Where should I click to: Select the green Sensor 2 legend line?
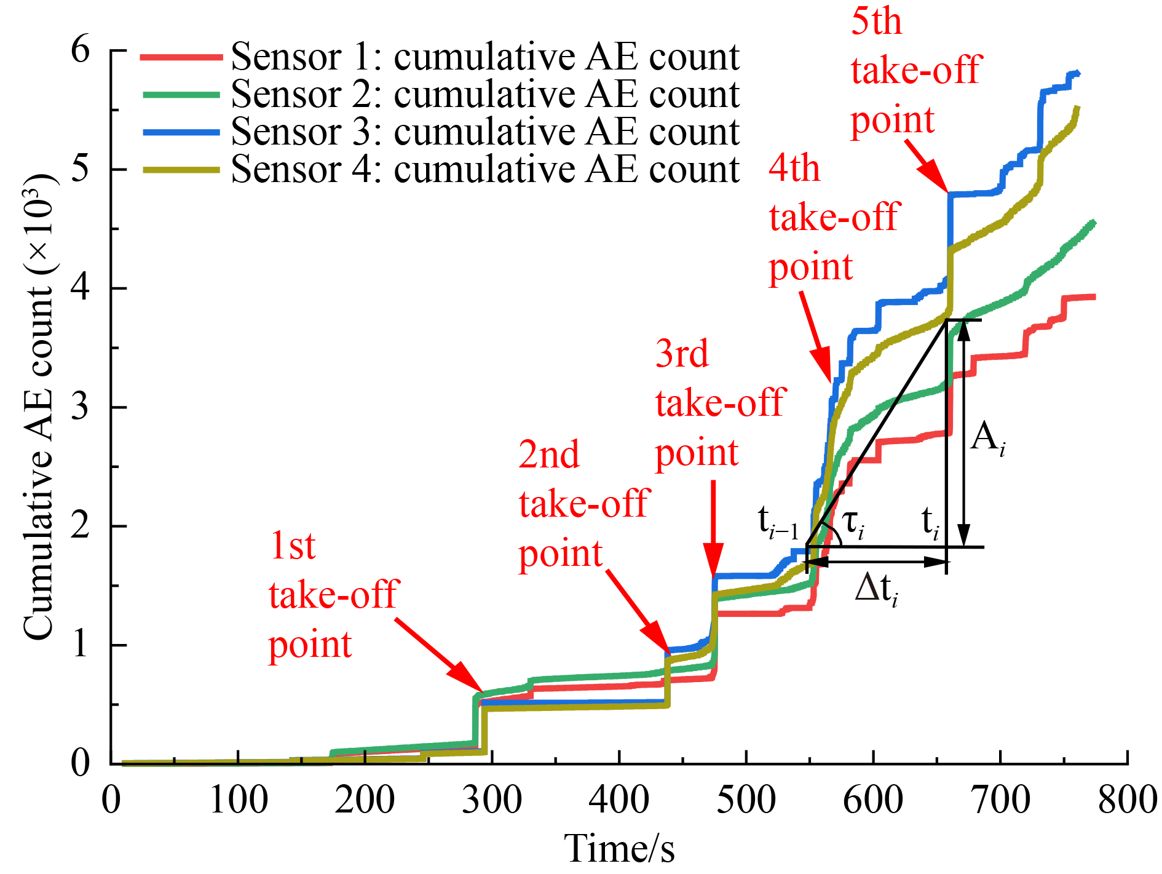click(x=181, y=95)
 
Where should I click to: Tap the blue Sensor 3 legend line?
click(x=181, y=132)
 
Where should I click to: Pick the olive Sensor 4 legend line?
click(x=181, y=170)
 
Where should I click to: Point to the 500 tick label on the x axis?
click(x=746, y=800)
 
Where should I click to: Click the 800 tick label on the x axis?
click(x=1127, y=800)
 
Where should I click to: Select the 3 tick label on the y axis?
click(x=81, y=407)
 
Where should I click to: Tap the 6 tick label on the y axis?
click(x=81, y=49)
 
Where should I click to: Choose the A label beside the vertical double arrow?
click(x=987, y=439)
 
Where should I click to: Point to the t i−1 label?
click(x=778, y=523)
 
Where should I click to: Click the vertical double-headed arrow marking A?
click(x=963, y=433)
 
